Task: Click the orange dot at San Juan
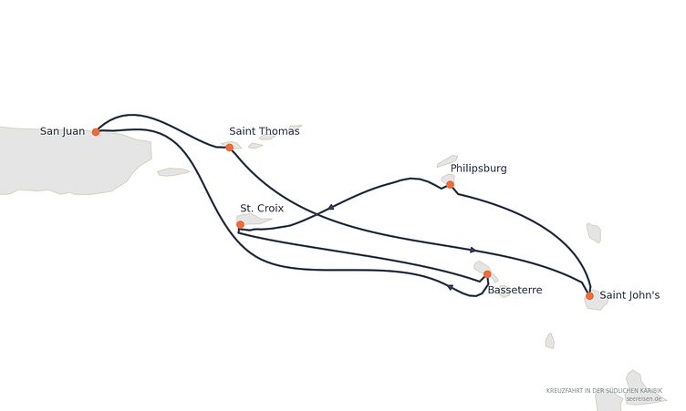pyautogui.click(x=96, y=131)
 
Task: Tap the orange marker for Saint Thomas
pyautogui.click(x=229, y=148)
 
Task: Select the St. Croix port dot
pyautogui.click(x=240, y=224)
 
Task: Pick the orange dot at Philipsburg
pyautogui.click(x=450, y=184)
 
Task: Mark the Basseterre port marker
pyautogui.click(x=487, y=274)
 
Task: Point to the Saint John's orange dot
pyautogui.click(x=589, y=296)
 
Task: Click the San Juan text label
pyautogui.click(x=62, y=131)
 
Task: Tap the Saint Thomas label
pyautogui.click(x=265, y=131)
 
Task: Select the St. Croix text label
pyautogui.click(x=262, y=208)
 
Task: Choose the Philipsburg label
pyautogui.click(x=479, y=169)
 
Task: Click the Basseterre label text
pyautogui.click(x=514, y=290)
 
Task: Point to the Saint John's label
pyautogui.click(x=629, y=295)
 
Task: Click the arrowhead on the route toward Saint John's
pyautogui.click(x=473, y=250)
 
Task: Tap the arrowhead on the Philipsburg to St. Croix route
pyautogui.click(x=331, y=207)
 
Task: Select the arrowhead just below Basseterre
pyautogui.click(x=450, y=287)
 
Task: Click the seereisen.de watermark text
pyautogui.click(x=643, y=399)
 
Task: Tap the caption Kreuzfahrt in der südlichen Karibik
pyautogui.click(x=604, y=390)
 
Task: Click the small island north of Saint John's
pyautogui.click(x=594, y=232)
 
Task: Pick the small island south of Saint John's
pyautogui.click(x=550, y=341)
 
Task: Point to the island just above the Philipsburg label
pyautogui.click(x=447, y=161)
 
